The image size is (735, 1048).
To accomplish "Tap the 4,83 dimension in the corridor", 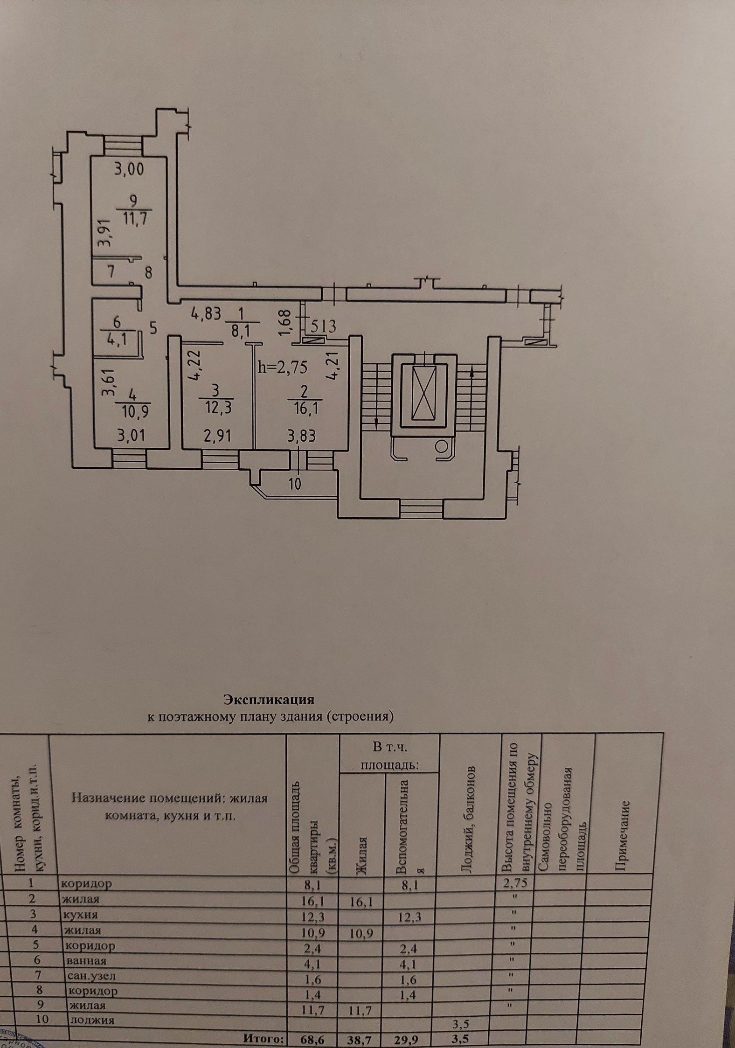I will [x=205, y=313].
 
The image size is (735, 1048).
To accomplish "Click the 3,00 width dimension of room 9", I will [x=130, y=170].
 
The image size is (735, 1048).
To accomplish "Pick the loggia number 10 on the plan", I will [x=295, y=484].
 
